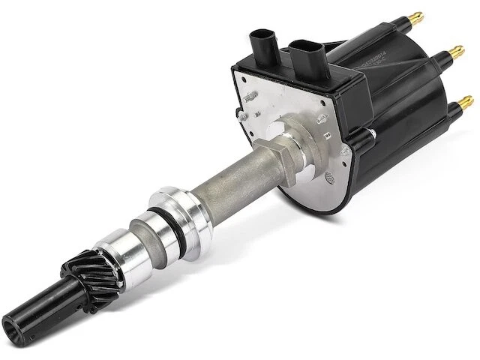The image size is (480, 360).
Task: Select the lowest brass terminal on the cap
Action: click(x=465, y=98)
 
